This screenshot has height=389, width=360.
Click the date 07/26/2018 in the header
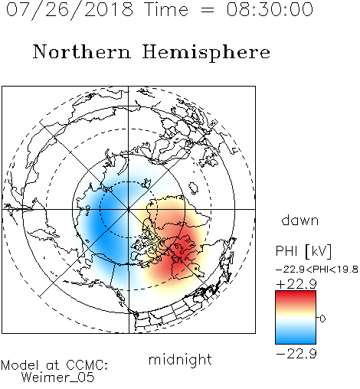tap(70, 10)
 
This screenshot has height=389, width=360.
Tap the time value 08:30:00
tap(270, 9)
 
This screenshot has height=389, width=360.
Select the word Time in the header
tap(166, 9)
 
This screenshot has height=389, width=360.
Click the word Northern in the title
tap(81, 51)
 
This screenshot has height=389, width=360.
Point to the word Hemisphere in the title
tap(206, 53)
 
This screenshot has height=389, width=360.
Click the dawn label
tap(300, 220)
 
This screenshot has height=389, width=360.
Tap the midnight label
tap(180, 359)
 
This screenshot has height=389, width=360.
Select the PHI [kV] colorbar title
tap(303, 251)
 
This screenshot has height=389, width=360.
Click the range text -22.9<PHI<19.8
tap(317, 270)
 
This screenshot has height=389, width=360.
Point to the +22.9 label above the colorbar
tap(296, 283)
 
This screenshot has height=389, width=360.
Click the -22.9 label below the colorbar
tap(296, 354)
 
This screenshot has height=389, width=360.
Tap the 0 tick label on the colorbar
tap(322, 319)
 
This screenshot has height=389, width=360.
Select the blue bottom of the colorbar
tap(296, 338)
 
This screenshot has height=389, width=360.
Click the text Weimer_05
tap(58, 378)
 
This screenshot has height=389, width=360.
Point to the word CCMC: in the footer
tap(87, 365)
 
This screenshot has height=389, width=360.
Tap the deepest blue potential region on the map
tap(105, 224)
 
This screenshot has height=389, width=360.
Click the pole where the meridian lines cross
tap(129, 209)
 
